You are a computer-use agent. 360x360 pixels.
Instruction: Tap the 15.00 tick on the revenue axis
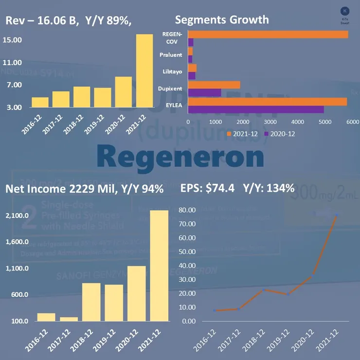(12, 40)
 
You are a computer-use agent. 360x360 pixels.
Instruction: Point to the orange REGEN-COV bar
(268, 35)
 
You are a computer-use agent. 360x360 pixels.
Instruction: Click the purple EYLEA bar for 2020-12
(255, 109)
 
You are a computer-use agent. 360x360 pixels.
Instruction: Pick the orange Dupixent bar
(214, 85)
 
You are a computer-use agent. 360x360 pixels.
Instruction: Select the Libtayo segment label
(172, 72)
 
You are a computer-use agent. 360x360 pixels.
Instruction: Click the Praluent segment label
(171, 55)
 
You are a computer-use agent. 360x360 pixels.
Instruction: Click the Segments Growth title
(221, 20)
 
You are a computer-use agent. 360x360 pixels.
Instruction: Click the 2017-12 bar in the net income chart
(69, 319)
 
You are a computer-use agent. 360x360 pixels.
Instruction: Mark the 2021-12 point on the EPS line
(337, 215)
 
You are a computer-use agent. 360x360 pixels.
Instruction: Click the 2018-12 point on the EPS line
(263, 290)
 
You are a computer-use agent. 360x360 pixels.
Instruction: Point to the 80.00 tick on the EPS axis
(188, 210)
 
